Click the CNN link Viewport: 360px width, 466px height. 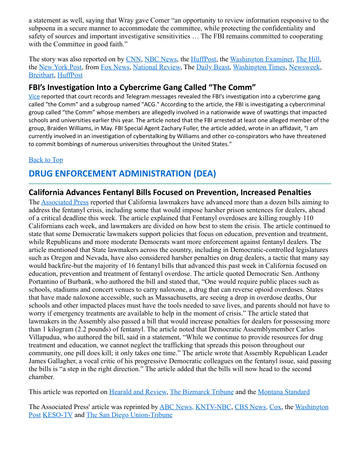133,59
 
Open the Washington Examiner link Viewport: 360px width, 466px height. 261,59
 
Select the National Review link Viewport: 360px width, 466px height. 157,67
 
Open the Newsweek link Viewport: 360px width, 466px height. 304,67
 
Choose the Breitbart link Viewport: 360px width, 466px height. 41,75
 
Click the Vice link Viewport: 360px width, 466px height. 34,97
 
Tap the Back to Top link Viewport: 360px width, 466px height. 46,160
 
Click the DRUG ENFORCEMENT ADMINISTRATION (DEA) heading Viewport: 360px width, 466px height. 122,173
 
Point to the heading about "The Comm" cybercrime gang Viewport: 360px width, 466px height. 142,87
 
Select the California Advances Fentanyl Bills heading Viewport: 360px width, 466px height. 170,192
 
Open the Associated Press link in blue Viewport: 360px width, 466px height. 65,202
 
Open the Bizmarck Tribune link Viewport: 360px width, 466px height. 202,392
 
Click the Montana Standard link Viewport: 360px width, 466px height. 284,392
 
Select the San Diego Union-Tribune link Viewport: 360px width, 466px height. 129,415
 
